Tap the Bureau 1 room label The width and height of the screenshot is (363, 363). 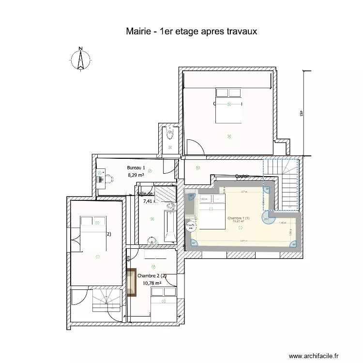(x=136, y=167)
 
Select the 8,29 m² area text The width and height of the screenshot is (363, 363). (x=136, y=175)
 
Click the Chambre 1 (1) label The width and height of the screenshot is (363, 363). (x=239, y=218)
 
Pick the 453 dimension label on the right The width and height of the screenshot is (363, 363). (x=301, y=114)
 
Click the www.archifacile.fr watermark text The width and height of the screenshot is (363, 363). (x=314, y=356)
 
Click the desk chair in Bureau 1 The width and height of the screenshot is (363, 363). (x=109, y=179)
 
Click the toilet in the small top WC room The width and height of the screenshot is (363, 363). (x=169, y=132)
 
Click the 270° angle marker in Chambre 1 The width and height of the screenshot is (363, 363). (x=266, y=218)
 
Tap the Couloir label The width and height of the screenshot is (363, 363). (x=242, y=176)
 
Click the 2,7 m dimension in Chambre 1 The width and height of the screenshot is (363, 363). (x=244, y=192)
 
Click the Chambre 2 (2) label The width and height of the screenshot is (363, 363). (x=152, y=276)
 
